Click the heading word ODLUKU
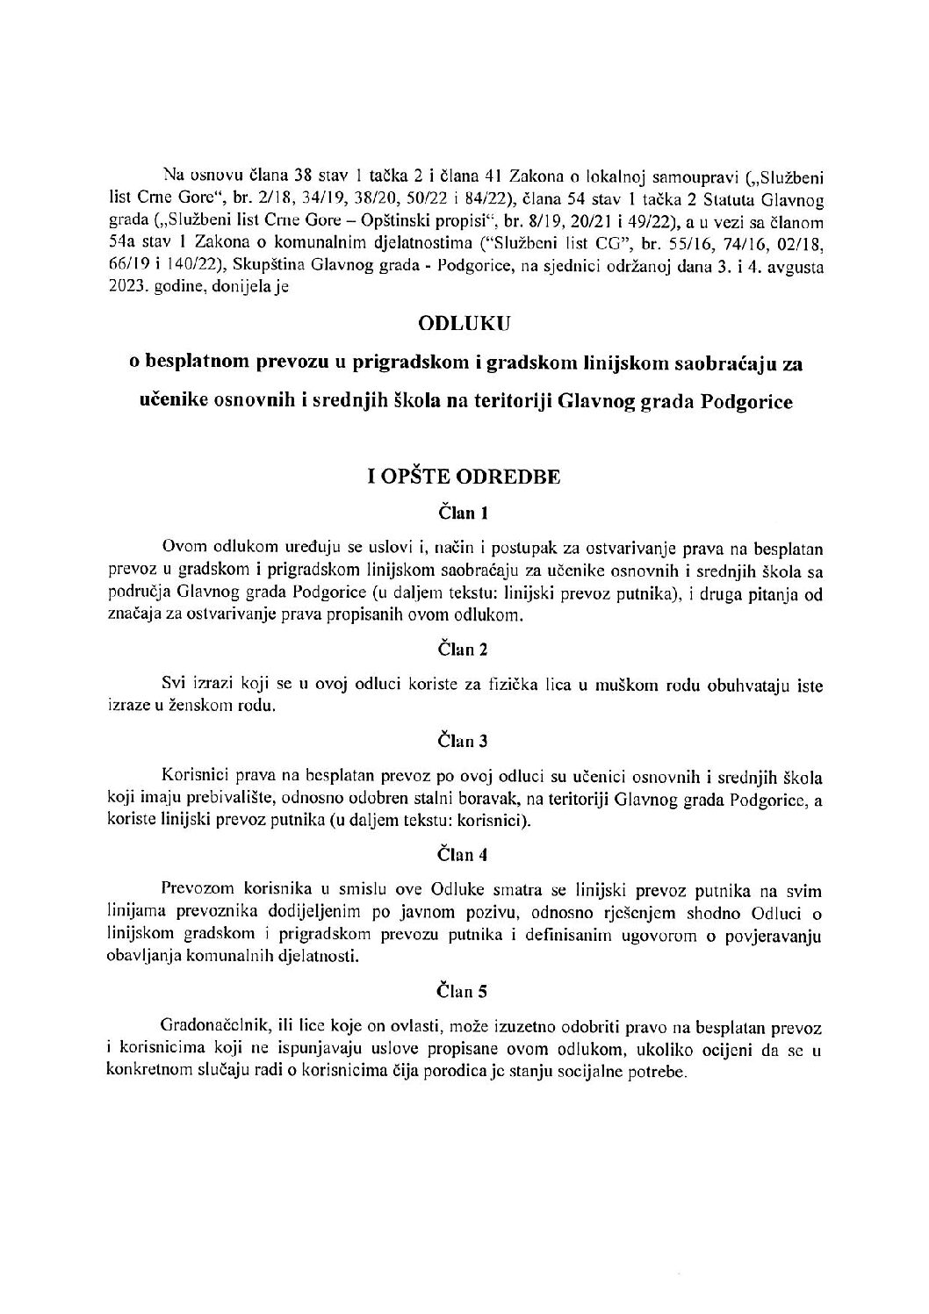click(x=464, y=323)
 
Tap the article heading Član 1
click(x=463, y=513)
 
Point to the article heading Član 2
click(x=463, y=650)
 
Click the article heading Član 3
click(x=463, y=741)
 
